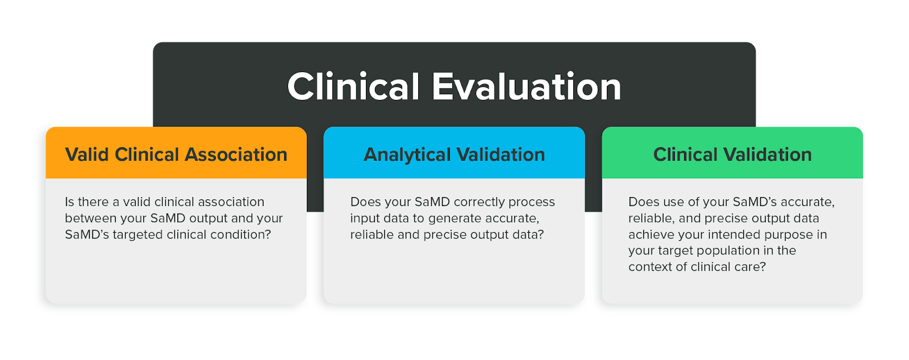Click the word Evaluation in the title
point(526,87)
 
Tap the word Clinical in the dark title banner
point(353,87)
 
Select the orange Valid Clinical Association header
point(176,153)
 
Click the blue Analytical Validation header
point(454,153)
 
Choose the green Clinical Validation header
point(732,153)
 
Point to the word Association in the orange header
point(236,154)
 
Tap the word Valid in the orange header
point(87,154)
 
